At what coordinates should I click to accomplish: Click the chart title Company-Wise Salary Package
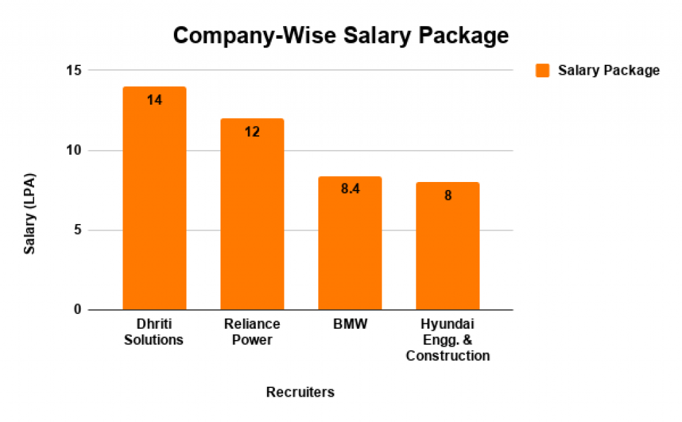(340, 35)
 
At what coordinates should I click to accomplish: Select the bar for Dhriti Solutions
(155, 200)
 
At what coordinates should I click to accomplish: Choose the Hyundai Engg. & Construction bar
(448, 247)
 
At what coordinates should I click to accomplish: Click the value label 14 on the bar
(155, 100)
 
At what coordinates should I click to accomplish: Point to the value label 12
(252, 131)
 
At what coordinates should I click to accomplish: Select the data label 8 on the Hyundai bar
(448, 196)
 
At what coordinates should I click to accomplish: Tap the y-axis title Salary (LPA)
(30, 214)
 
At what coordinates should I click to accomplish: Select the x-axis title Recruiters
(300, 392)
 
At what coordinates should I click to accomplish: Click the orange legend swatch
(543, 70)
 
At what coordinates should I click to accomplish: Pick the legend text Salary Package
(609, 70)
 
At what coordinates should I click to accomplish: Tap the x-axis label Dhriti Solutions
(154, 331)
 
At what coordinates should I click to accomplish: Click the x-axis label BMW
(350, 324)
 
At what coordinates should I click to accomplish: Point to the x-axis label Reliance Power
(252, 331)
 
